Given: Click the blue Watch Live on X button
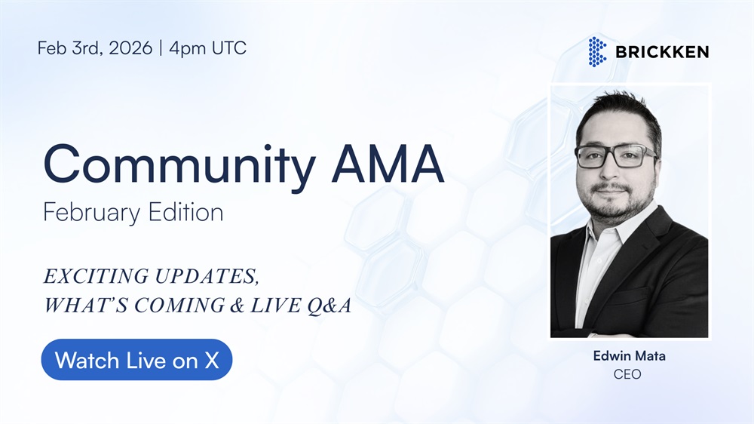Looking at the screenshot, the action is click(136, 360).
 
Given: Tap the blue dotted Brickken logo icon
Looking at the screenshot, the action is click(597, 51).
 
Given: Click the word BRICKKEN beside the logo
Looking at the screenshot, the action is click(662, 52).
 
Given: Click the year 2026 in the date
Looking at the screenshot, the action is click(130, 48).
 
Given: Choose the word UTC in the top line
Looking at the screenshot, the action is click(229, 48).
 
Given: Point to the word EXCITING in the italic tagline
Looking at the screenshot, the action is click(97, 276).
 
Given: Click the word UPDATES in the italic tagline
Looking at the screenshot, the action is click(207, 277).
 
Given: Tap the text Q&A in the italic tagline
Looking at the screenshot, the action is click(329, 306).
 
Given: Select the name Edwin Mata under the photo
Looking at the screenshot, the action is click(629, 356).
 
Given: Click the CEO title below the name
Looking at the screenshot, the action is click(627, 374).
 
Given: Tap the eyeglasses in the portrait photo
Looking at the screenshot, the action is click(616, 156).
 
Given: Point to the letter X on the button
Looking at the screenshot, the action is click(212, 361).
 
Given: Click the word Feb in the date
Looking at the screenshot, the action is click(52, 48).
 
